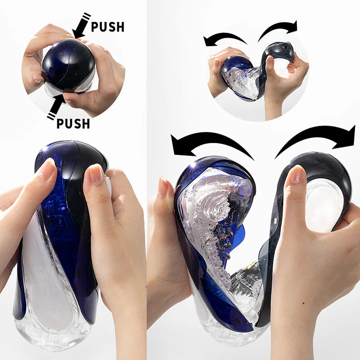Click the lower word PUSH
[x=73, y=123]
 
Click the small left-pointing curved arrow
[x=223, y=38]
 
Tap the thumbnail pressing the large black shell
[x=296, y=175]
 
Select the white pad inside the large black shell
[x=324, y=205]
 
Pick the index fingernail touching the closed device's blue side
[x=46, y=171]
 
